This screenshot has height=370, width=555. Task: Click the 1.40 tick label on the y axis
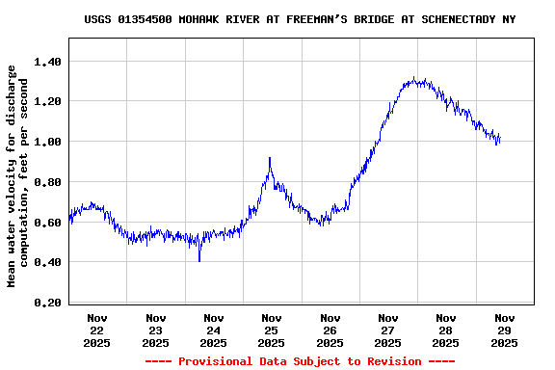point(47,61)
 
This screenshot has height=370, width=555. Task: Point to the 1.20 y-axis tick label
point(47,101)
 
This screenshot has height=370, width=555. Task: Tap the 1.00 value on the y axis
point(47,142)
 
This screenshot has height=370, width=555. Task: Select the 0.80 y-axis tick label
point(47,182)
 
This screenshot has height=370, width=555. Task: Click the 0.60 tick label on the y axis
point(47,223)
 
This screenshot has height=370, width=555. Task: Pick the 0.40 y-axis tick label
point(47,262)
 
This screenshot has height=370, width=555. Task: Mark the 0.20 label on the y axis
point(47,303)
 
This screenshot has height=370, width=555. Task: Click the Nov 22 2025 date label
point(97,330)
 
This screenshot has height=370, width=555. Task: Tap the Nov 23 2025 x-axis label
point(155,330)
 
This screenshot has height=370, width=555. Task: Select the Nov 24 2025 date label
point(214,330)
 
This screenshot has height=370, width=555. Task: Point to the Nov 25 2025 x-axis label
point(272,330)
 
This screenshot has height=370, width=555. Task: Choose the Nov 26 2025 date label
point(330,330)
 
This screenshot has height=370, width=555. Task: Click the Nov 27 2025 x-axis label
point(388,330)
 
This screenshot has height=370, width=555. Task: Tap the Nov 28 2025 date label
point(446,330)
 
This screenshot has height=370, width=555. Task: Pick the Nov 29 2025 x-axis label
point(504,330)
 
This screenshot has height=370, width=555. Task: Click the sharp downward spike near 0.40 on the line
point(199,258)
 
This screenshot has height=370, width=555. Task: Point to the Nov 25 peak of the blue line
point(270,159)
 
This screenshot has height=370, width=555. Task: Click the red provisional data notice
point(300,361)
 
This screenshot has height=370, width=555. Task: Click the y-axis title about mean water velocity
point(18,176)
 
